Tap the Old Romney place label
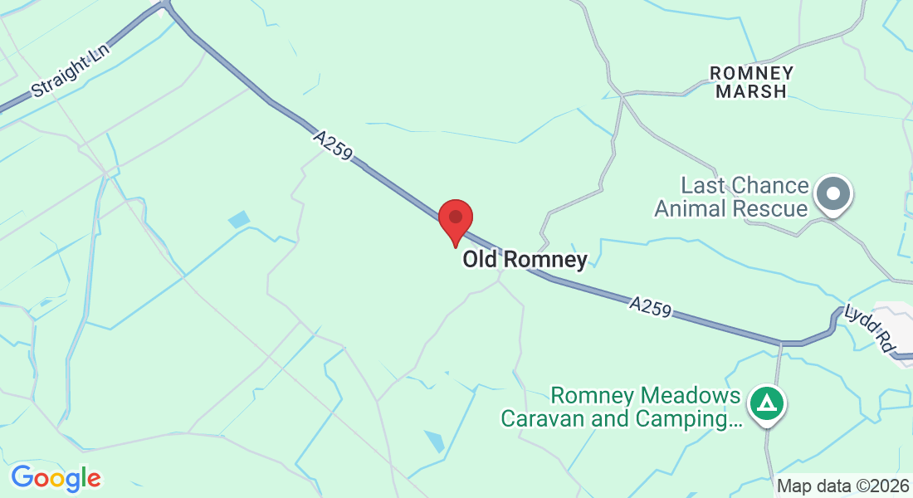(x=525, y=260)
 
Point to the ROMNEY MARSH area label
(x=751, y=82)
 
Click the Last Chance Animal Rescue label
(x=731, y=197)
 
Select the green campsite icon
(x=768, y=404)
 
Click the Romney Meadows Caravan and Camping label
(x=621, y=407)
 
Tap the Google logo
(x=56, y=478)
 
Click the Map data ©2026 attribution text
(x=842, y=486)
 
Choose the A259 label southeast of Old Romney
(x=650, y=308)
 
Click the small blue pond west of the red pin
(x=239, y=220)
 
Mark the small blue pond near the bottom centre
(x=434, y=441)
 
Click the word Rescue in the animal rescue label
(x=769, y=208)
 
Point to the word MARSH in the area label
(x=751, y=91)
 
